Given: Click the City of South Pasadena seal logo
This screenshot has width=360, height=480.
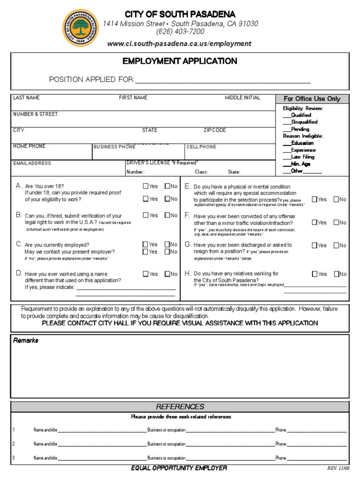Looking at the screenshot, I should click(x=80, y=28).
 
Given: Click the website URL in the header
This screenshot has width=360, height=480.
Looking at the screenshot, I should click(x=180, y=44).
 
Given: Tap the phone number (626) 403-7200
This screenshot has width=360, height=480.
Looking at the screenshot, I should click(x=180, y=31).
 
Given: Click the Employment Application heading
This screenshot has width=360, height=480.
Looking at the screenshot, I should click(x=180, y=61).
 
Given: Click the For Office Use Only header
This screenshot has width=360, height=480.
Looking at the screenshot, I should click(x=312, y=98).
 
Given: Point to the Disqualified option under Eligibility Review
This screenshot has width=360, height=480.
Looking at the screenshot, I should click(x=300, y=122).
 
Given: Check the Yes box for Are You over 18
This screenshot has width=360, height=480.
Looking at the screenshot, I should click(x=146, y=186).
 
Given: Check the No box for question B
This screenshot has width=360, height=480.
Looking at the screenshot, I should click(x=167, y=216).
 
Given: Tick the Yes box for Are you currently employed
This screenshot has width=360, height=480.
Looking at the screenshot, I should click(x=146, y=245).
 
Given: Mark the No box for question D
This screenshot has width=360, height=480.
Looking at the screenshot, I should click(x=167, y=274).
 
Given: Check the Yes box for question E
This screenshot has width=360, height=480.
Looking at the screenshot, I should click(x=315, y=199).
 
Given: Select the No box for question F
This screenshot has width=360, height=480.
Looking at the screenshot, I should click(x=336, y=223).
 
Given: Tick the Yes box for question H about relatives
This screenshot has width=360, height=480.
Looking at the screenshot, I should click(x=315, y=274).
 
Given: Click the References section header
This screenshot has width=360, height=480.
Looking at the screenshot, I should click(x=180, y=406).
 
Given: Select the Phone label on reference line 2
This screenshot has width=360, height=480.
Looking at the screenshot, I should click(x=280, y=444).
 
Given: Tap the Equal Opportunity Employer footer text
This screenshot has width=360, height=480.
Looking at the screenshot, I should click(x=180, y=468).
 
